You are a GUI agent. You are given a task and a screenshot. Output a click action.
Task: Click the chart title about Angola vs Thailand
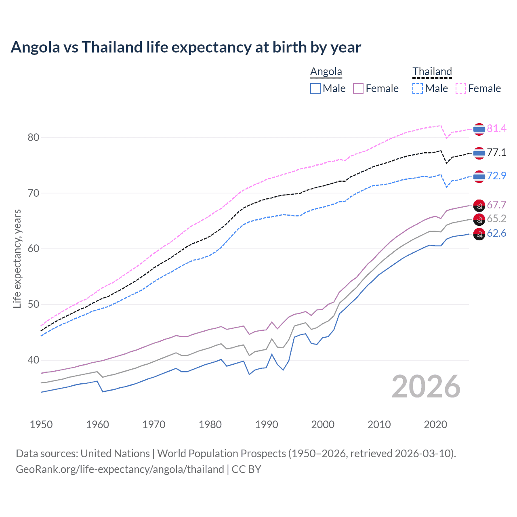pyautogui.click(x=186, y=47)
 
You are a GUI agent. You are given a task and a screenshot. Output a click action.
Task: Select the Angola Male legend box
pyautogui.click(x=315, y=88)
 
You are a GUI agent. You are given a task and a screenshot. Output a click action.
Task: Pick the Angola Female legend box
pyautogui.click(x=358, y=88)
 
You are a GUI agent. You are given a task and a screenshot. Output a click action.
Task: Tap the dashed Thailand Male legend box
pyautogui.click(x=418, y=88)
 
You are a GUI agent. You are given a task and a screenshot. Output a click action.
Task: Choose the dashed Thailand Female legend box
pyautogui.click(x=461, y=88)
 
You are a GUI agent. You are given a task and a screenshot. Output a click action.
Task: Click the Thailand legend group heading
pyautogui.click(x=432, y=71)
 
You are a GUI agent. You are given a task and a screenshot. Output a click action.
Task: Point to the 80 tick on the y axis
pyautogui.click(x=34, y=137)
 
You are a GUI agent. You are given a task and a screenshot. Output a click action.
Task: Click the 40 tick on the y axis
pyautogui.click(x=34, y=360)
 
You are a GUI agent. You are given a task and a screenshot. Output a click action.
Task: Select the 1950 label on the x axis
pyautogui.click(x=41, y=425)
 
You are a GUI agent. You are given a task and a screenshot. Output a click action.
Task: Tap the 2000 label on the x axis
pyautogui.click(x=323, y=425)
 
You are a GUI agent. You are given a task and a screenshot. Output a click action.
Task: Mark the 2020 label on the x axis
pyautogui.click(x=435, y=425)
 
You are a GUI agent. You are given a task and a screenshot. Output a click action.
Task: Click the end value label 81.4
pyautogui.click(x=496, y=128)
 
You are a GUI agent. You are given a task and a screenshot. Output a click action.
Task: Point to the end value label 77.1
pyautogui.click(x=496, y=152)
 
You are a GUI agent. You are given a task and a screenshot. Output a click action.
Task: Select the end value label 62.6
pyautogui.click(x=496, y=233)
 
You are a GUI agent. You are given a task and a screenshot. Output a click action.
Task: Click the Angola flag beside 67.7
pyautogui.click(x=479, y=205)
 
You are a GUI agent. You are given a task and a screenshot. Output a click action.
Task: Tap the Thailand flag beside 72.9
pyautogui.click(x=479, y=177)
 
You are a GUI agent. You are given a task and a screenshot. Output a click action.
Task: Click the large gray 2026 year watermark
pyautogui.click(x=426, y=387)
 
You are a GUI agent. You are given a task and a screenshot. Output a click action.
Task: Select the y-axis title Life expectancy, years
pyautogui.click(x=17, y=258)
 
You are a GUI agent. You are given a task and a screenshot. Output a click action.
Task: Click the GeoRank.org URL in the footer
pyautogui.click(x=120, y=469)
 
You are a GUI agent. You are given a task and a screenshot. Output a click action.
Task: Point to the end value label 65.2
pyautogui.click(x=496, y=219)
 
